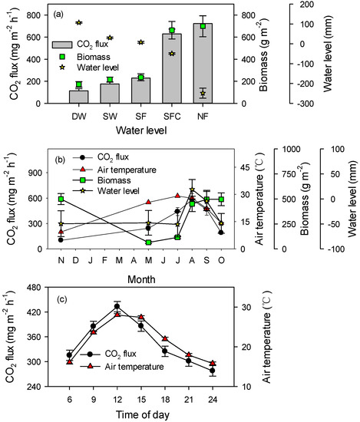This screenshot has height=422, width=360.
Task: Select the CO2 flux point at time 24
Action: (x=212, y=371)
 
